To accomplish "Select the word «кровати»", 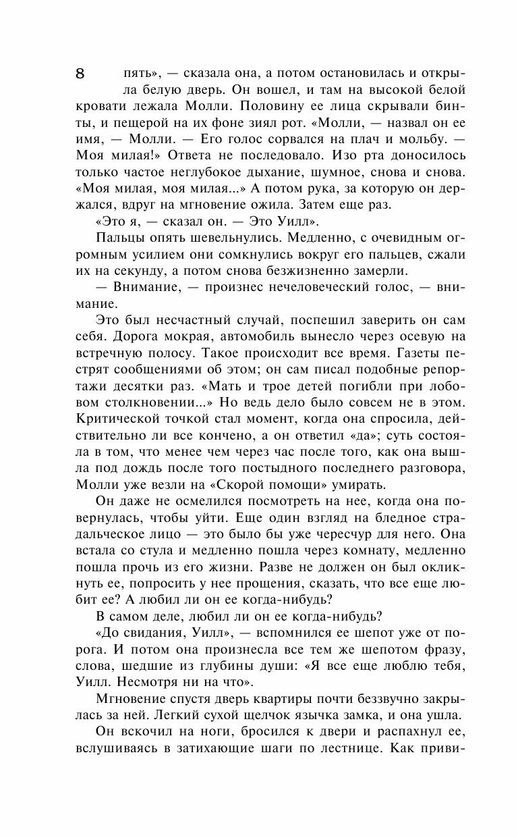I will tap(101, 107).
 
